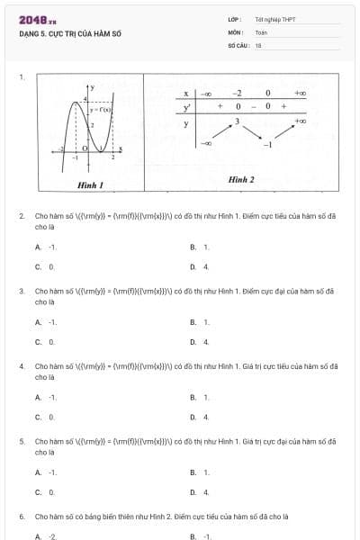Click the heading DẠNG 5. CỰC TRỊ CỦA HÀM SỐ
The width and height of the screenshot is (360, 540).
69,33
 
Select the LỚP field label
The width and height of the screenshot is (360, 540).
234,19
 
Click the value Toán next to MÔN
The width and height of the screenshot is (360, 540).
261,31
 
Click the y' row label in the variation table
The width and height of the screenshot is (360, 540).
185,107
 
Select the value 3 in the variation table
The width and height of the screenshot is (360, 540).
237,120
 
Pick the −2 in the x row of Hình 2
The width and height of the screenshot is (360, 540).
237,93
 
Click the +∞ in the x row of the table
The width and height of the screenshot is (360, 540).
300,93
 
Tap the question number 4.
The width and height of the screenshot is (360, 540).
22,366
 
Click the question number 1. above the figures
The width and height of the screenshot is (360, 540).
22,76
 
